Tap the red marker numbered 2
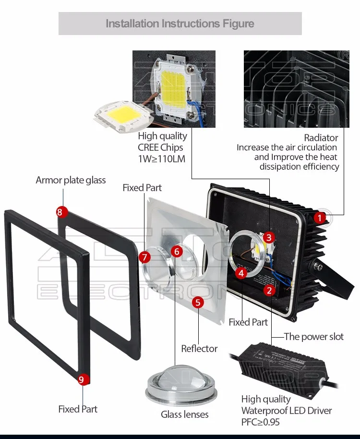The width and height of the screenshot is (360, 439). [269, 290]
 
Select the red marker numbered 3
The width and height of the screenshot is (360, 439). [269, 237]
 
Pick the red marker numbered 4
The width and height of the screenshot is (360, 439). [241, 273]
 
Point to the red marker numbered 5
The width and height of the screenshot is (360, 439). [198, 302]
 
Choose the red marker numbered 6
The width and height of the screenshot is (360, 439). [177, 251]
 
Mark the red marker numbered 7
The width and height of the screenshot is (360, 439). [145, 257]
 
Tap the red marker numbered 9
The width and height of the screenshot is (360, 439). [81, 379]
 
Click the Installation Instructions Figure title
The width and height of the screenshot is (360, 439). [180, 24]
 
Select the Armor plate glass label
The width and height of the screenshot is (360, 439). [71, 180]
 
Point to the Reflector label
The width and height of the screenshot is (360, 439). [199, 349]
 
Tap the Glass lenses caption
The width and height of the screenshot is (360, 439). [185, 414]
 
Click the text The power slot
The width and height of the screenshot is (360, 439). [314, 337]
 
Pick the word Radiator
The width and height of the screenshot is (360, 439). [321, 138]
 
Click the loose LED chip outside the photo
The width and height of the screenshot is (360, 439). [122, 117]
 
